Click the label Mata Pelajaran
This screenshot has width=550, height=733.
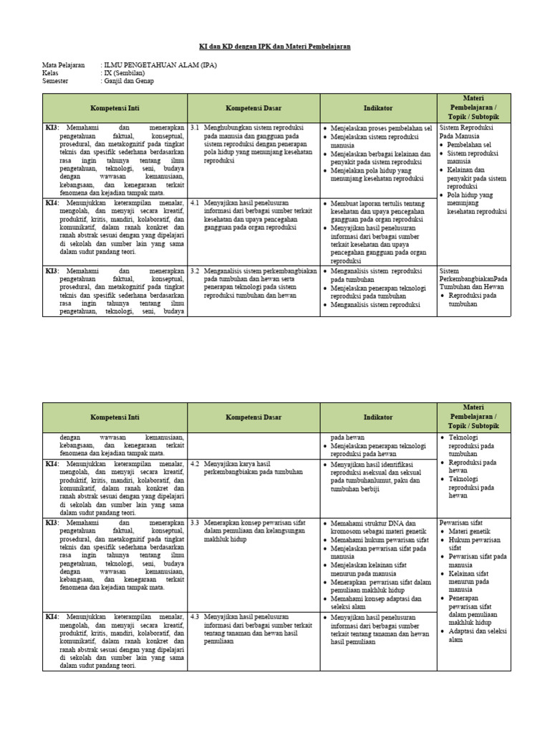(64, 64)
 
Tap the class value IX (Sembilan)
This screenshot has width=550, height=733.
(125, 73)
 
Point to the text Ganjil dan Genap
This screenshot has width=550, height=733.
(130, 81)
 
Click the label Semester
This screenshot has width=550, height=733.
(57, 81)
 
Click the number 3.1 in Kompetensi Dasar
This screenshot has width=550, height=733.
(195, 127)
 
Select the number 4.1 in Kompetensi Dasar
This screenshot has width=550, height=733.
(195, 203)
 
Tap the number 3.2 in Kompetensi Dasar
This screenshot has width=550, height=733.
(195, 271)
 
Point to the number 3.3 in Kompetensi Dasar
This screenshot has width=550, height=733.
(195, 523)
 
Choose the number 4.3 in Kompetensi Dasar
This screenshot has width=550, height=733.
(195, 616)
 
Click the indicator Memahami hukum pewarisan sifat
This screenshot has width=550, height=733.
(380, 540)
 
